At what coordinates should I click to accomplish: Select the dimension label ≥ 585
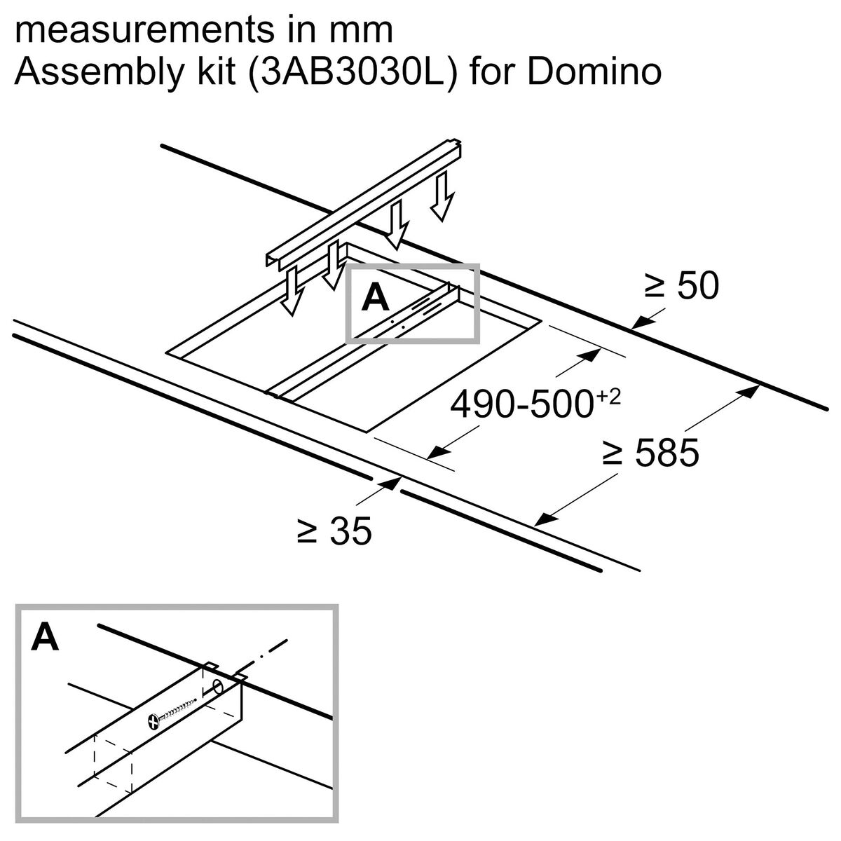(x=650, y=453)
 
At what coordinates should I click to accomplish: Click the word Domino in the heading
(x=594, y=72)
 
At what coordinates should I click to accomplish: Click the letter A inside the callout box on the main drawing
(x=376, y=299)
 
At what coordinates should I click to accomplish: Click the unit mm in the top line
(x=364, y=32)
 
